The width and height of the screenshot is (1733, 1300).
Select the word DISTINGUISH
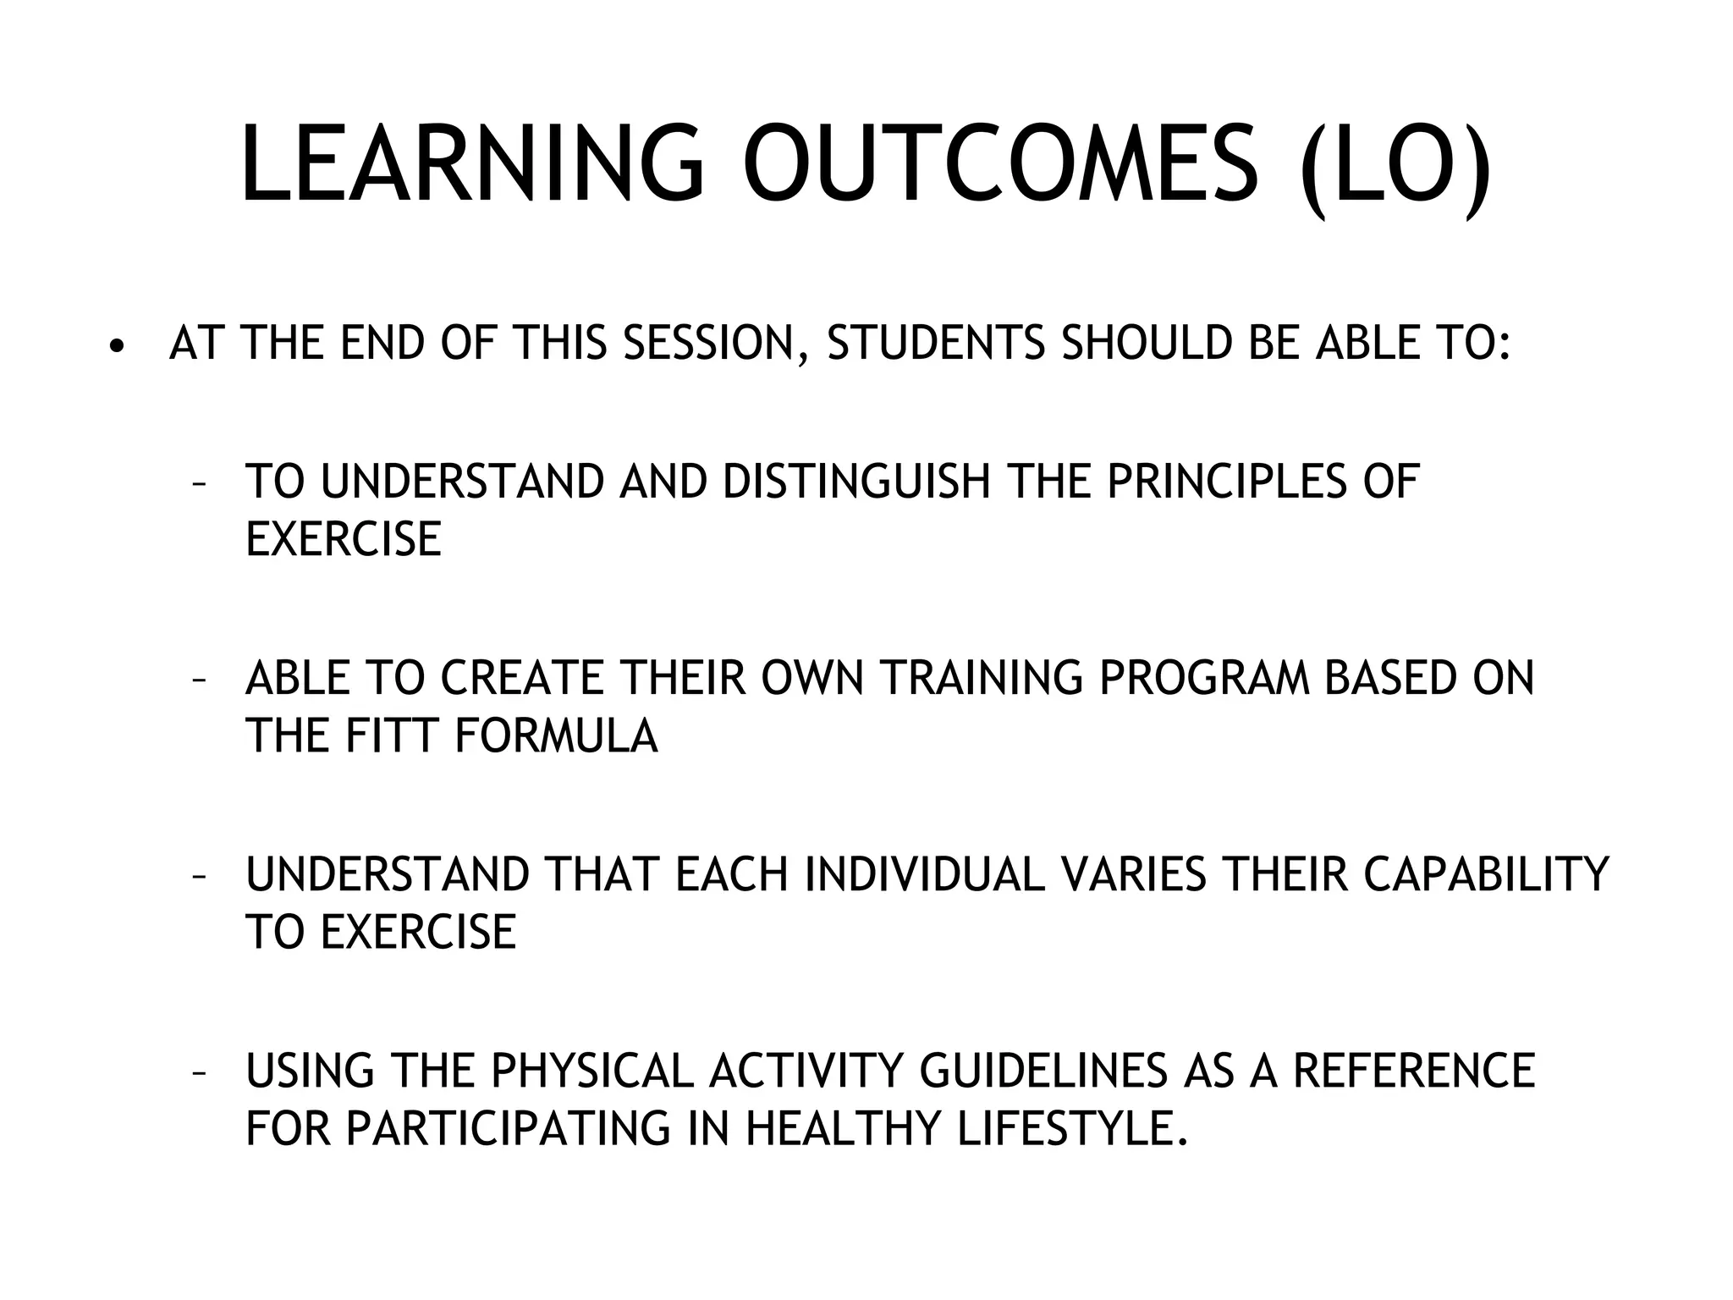(x=856, y=482)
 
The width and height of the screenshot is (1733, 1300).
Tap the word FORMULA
(x=556, y=735)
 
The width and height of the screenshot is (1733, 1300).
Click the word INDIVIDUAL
(x=925, y=874)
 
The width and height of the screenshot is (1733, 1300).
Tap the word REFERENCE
(x=1414, y=1071)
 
